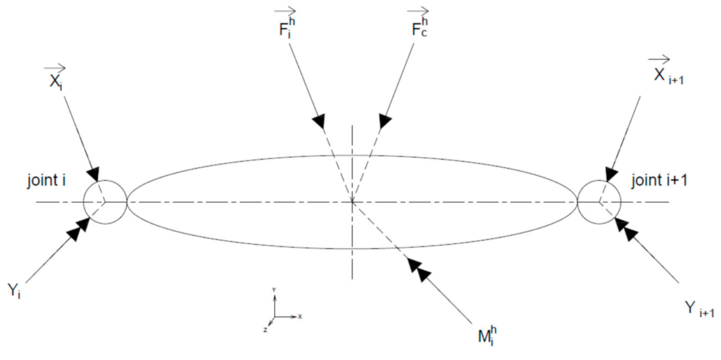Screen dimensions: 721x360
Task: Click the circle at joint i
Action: [x=105, y=202]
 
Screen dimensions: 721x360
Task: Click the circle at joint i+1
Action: [x=599, y=200]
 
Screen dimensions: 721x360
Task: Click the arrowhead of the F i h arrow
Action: [x=319, y=120]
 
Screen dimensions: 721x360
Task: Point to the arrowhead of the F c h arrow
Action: [x=386, y=120]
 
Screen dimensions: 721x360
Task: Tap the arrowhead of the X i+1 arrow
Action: [x=611, y=174]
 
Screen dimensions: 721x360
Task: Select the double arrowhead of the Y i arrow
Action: [x=81, y=226]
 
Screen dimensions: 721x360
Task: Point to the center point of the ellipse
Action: [x=352, y=201]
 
